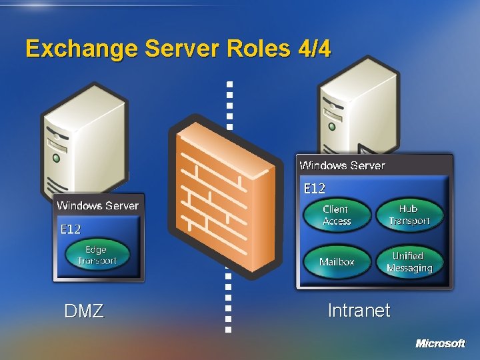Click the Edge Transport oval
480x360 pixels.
[x=97, y=255]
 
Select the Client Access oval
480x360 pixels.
[x=337, y=215]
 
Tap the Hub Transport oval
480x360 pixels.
[x=409, y=215]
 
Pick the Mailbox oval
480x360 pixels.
[x=337, y=262]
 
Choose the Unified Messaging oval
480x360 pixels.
[x=409, y=262]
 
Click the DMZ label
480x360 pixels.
[x=84, y=311]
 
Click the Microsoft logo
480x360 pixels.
[x=440, y=343]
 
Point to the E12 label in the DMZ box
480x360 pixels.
[x=71, y=229]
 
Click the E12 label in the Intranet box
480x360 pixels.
[x=314, y=189]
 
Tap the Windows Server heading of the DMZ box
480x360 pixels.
[x=98, y=205]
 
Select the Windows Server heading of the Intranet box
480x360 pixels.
[x=342, y=165]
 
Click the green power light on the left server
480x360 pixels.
[x=57, y=159]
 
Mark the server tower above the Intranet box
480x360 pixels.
[x=360, y=107]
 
